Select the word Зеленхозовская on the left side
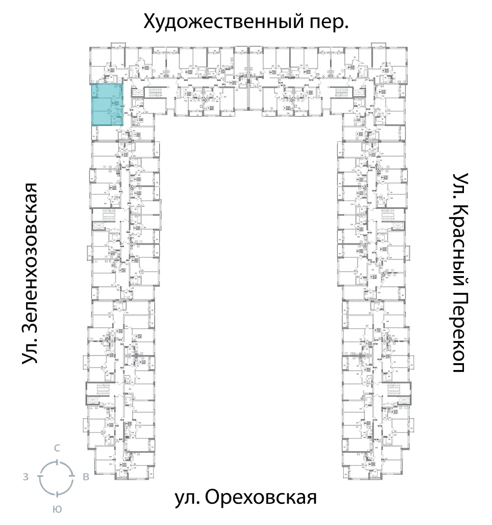coord(31,261)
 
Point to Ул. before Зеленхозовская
coord(31,353)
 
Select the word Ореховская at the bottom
coord(260,498)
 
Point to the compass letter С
coord(57,448)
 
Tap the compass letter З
coord(25,476)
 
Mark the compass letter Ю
coord(57,509)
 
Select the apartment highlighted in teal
coord(107,104)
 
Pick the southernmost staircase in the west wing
coord(103,389)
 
